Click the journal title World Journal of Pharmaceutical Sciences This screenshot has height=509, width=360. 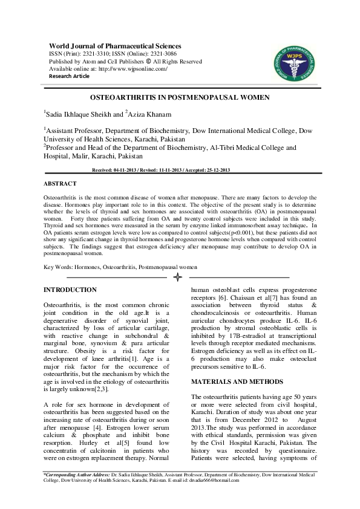[x=115, y=46]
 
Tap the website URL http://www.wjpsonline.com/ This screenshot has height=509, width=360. [x=133, y=69]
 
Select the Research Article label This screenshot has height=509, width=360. [x=69, y=76]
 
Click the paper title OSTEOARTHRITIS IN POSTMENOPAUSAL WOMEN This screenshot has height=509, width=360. [x=180, y=97]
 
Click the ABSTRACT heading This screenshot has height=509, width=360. [x=60, y=183]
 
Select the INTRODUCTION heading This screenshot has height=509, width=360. [x=70, y=290]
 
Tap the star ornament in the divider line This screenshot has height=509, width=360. [x=178, y=277]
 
